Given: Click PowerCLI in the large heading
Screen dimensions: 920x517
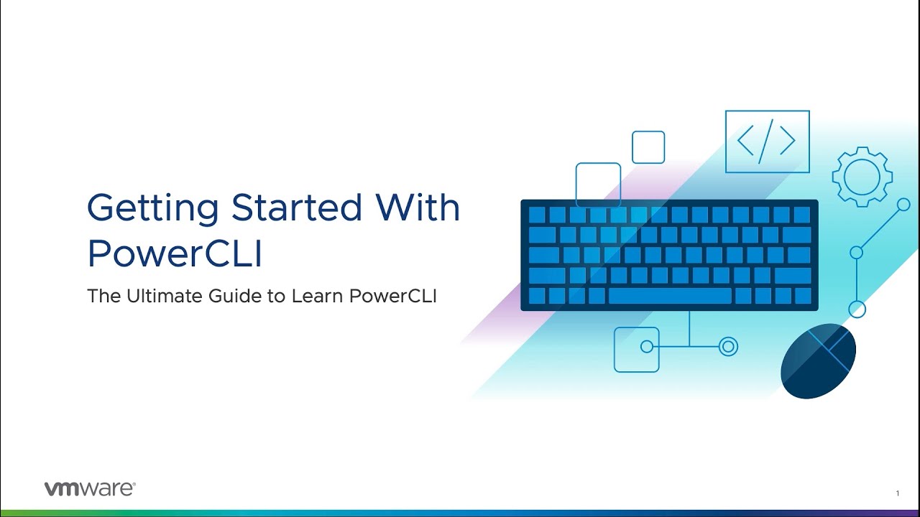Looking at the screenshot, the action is [x=175, y=253].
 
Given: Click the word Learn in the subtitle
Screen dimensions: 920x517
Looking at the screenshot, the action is [x=318, y=296].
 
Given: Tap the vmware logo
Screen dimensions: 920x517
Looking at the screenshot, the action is [x=90, y=489].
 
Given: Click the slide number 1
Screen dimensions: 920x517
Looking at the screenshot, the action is [x=898, y=493].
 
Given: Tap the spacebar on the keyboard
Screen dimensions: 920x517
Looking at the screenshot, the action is [x=670, y=296].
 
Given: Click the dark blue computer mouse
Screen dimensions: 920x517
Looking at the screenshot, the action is [x=818, y=361].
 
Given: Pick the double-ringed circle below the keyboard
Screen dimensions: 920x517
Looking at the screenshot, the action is [x=728, y=347].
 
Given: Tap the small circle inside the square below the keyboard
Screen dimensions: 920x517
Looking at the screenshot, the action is [x=647, y=347].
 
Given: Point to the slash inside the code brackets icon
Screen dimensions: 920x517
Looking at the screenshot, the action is [x=765, y=141].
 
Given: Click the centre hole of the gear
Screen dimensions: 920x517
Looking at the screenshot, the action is [x=862, y=177].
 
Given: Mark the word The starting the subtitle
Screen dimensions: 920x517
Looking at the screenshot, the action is [x=104, y=296].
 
